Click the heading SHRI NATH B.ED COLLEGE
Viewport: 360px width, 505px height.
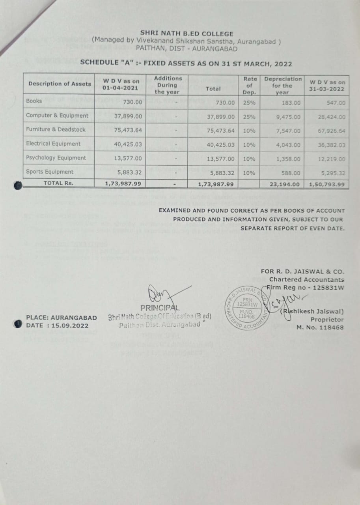[187, 34]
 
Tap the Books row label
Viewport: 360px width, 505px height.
[34, 101]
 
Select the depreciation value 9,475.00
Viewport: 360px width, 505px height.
[288, 117]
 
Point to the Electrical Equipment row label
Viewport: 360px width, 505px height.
[53, 144]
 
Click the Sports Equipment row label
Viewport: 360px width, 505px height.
[50, 172]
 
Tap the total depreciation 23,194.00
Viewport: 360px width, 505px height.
[285, 184]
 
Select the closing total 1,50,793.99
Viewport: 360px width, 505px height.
[327, 184]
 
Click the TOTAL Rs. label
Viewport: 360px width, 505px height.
[59, 183]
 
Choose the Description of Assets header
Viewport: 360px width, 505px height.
[60, 84]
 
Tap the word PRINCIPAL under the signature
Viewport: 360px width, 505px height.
[160, 308]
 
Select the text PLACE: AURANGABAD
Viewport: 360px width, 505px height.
[61, 318]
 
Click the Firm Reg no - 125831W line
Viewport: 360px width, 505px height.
[305, 287]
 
